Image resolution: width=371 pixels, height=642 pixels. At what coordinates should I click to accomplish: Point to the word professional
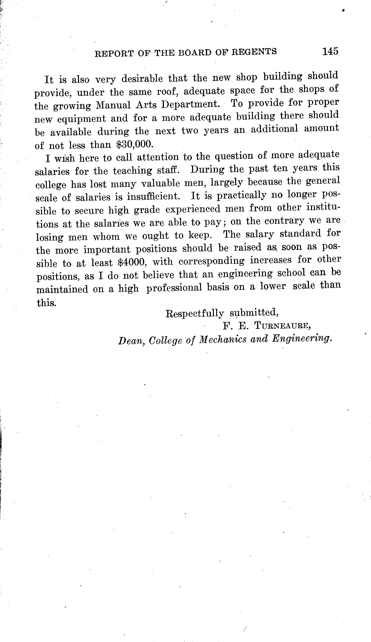click(x=174, y=288)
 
